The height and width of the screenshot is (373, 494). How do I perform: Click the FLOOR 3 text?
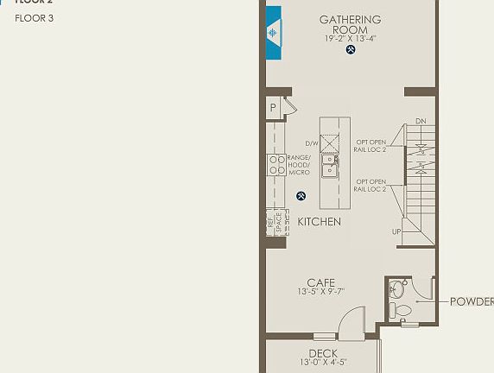pos(35,17)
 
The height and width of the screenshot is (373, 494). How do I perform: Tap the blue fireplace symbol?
pos(274,33)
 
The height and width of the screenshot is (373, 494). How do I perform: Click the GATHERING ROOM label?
pos(350,24)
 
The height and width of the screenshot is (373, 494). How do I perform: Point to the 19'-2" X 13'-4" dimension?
pos(350,38)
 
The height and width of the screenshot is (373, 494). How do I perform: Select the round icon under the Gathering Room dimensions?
pos(351,50)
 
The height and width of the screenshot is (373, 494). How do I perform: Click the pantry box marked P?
pos(273,108)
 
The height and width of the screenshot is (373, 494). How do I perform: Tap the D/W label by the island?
pos(312,143)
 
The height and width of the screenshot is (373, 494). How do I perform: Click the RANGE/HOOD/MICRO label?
pos(299,165)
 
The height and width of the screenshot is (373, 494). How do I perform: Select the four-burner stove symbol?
pos(276,165)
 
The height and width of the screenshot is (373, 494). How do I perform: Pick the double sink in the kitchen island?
pos(330,165)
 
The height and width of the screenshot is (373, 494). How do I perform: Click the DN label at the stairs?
pos(421,121)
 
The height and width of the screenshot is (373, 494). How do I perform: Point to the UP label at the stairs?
pos(396,231)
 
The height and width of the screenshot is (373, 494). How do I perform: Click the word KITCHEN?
pos(320,222)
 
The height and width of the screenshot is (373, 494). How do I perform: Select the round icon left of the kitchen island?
pos(301,195)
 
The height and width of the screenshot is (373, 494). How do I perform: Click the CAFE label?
pos(320,282)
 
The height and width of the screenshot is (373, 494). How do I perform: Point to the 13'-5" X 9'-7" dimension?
pos(320,292)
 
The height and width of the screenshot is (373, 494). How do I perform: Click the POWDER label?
pos(472,301)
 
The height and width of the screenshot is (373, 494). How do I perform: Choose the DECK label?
pos(322,353)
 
